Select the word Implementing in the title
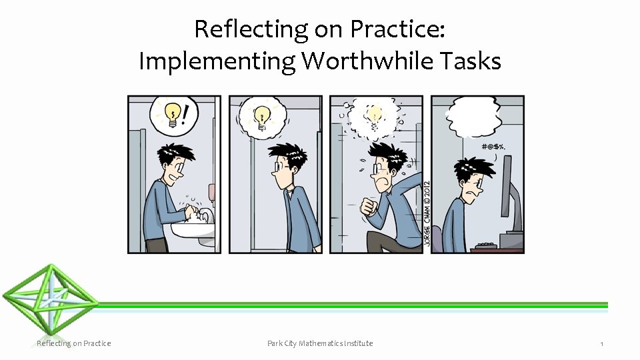(x=217, y=62)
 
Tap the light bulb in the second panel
(x=262, y=116)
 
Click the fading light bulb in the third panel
(x=375, y=117)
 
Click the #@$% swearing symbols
(x=493, y=147)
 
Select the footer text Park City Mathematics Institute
(x=320, y=343)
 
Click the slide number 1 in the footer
(x=601, y=344)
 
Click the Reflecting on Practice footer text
(x=73, y=343)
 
